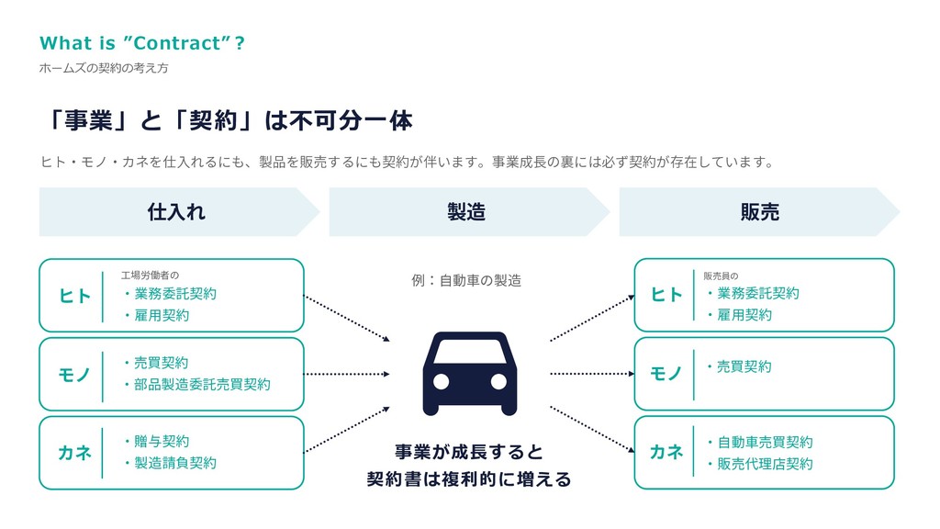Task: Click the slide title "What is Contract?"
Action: tap(142, 43)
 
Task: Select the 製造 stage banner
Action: tap(466, 212)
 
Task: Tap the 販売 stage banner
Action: tap(759, 212)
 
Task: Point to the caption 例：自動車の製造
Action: tap(466, 280)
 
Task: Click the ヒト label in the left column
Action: tap(74, 296)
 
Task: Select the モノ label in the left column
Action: tap(74, 374)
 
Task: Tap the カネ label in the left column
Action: tap(74, 452)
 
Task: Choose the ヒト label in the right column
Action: tap(667, 295)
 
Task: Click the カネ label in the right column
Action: tap(667, 452)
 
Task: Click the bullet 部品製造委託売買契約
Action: tap(196, 385)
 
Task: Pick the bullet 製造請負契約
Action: tap(170, 463)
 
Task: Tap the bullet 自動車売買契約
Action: tap(759, 443)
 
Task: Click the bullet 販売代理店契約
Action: tap(759, 464)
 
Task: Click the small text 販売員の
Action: tap(721, 275)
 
